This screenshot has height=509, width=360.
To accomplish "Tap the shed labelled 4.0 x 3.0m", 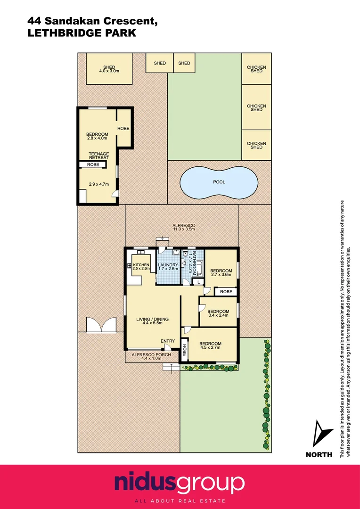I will click(x=109, y=69).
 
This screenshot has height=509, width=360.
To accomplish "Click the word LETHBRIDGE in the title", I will click(x=58, y=33).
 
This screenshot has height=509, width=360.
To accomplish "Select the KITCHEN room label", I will click(x=141, y=265).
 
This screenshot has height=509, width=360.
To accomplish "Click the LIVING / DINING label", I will click(x=152, y=320).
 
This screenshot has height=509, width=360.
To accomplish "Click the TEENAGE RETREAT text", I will click(x=99, y=156).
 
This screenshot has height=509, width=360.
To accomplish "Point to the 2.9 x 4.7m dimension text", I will click(x=99, y=184).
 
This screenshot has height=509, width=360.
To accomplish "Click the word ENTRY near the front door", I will click(x=168, y=341).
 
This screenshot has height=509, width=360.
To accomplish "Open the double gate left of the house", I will click(x=101, y=325).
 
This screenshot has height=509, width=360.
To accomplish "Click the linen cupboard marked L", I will click(x=199, y=281).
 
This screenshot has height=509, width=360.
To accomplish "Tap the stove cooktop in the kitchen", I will click(x=130, y=265).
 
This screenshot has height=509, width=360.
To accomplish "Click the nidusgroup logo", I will click(x=180, y=484).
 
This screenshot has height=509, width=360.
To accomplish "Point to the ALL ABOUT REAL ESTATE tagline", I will click(x=180, y=501).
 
